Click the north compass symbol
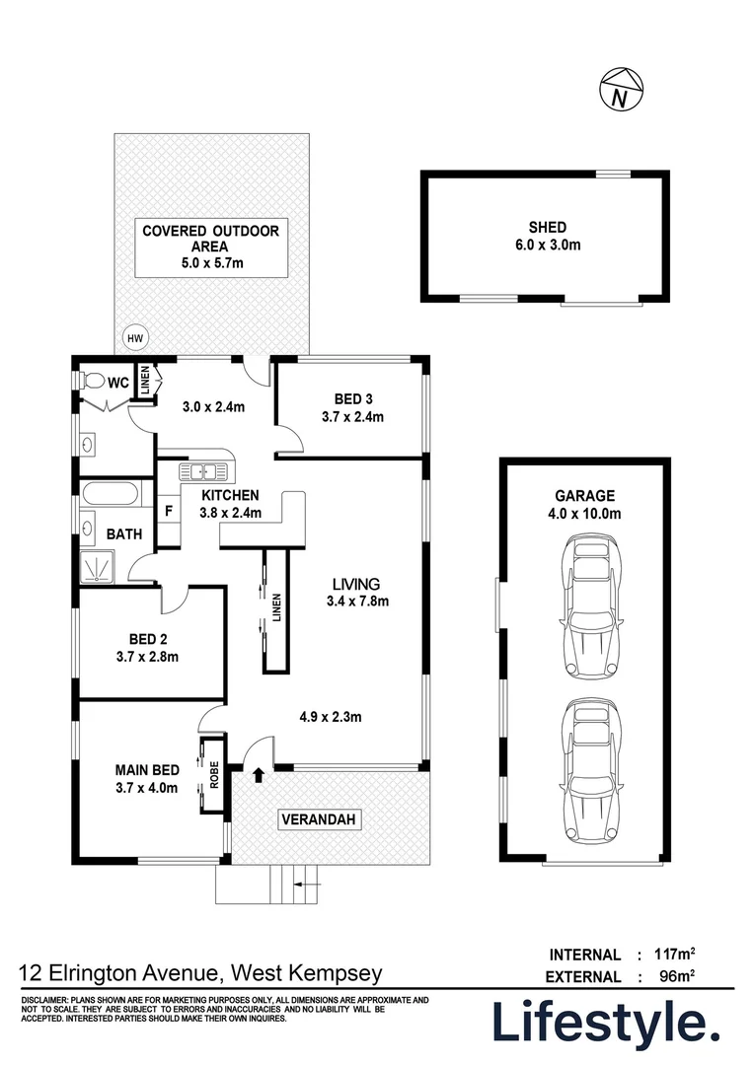click(619, 90)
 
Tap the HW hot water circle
click(134, 339)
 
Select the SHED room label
click(546, 226)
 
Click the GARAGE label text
click(584, 496)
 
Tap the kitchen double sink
click(205, 470)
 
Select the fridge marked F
click(169, 512)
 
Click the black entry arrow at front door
click(259, 775)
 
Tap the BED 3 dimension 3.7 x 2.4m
click(350, 417)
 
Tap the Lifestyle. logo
click(606, 1024)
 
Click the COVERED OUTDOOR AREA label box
click(211, 248)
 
